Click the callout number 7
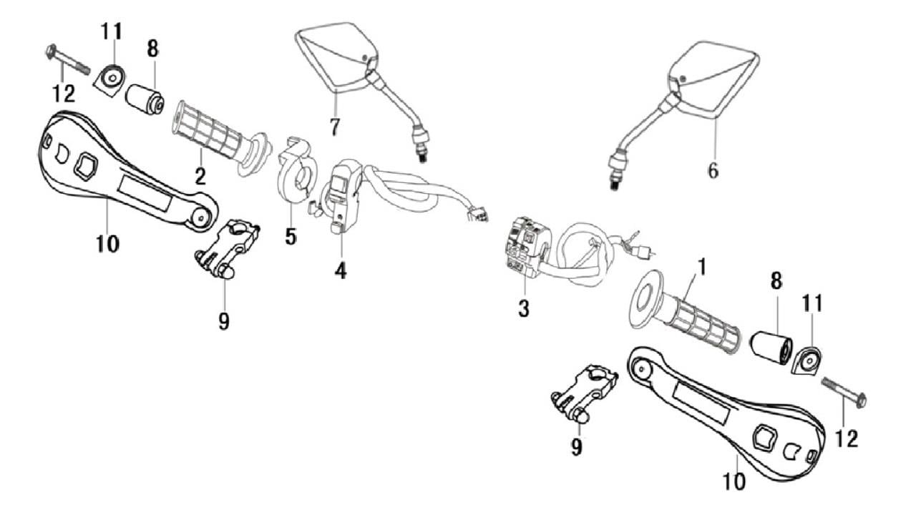[334, 127]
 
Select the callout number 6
[713, 171]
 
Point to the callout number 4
[341, 270]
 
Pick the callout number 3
[524, 309]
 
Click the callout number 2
[201, 176]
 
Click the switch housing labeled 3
[526, 247]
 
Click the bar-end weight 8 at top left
[144, 99]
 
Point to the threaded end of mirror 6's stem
[614, 182]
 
